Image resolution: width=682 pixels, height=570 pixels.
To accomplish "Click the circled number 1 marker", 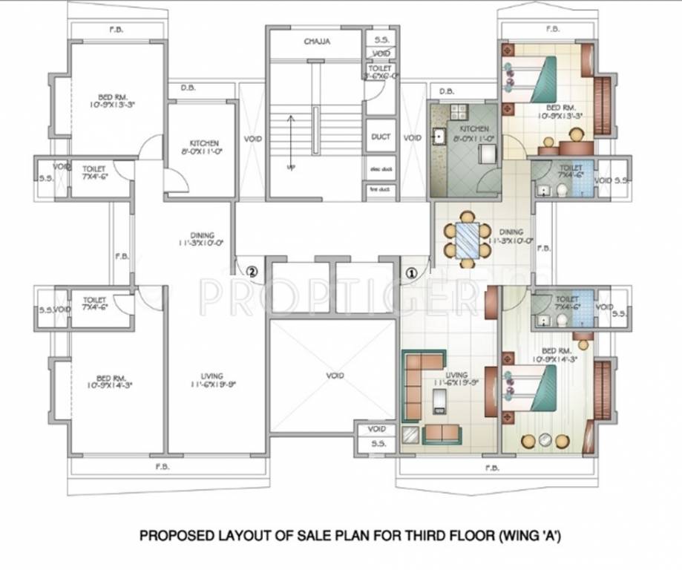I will click(409, 272).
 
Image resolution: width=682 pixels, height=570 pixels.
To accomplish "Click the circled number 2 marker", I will click(252, 272).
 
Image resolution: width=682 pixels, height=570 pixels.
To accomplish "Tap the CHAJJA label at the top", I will click(317, 42).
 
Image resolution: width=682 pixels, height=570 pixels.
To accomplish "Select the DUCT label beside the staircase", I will click(381, 137).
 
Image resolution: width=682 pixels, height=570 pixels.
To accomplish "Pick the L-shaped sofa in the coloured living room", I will click(418, 378).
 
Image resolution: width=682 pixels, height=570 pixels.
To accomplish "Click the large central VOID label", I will click(335, 376).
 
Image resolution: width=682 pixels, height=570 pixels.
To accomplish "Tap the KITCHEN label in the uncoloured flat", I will click(203, 142).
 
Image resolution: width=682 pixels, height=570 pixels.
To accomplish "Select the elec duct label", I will click(381, 169).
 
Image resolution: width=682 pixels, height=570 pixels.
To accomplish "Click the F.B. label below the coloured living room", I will click(491, 468).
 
